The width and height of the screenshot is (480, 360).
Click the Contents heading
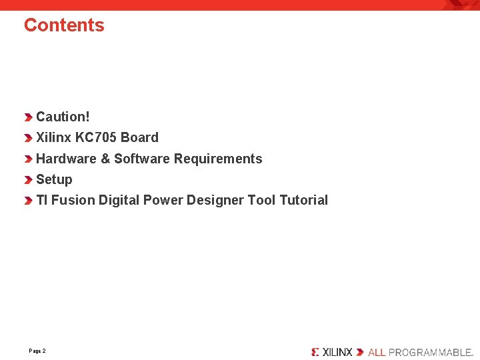[64, 25]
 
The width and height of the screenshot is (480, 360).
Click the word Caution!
[63, 117]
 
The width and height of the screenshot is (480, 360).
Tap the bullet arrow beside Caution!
[28, 117]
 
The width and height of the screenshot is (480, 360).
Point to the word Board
[139, 137]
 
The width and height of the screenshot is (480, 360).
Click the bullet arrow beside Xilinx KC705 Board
[28, 139]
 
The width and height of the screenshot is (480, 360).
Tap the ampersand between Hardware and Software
[105, 159]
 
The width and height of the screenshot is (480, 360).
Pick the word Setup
[54, 179]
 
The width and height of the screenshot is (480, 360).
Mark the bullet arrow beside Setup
[28, 180]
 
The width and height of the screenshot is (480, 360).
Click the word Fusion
[73, 200]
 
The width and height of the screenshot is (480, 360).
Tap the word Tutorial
[303, 200]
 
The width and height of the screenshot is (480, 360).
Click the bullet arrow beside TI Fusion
[28, 201]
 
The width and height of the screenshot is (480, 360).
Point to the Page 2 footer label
[37, 351]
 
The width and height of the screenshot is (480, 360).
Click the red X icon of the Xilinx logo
[315, 351]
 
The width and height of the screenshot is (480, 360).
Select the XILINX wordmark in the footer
[337, 351]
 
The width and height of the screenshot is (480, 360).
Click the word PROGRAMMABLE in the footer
[430, 351]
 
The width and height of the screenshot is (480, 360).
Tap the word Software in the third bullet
[142, 159]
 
